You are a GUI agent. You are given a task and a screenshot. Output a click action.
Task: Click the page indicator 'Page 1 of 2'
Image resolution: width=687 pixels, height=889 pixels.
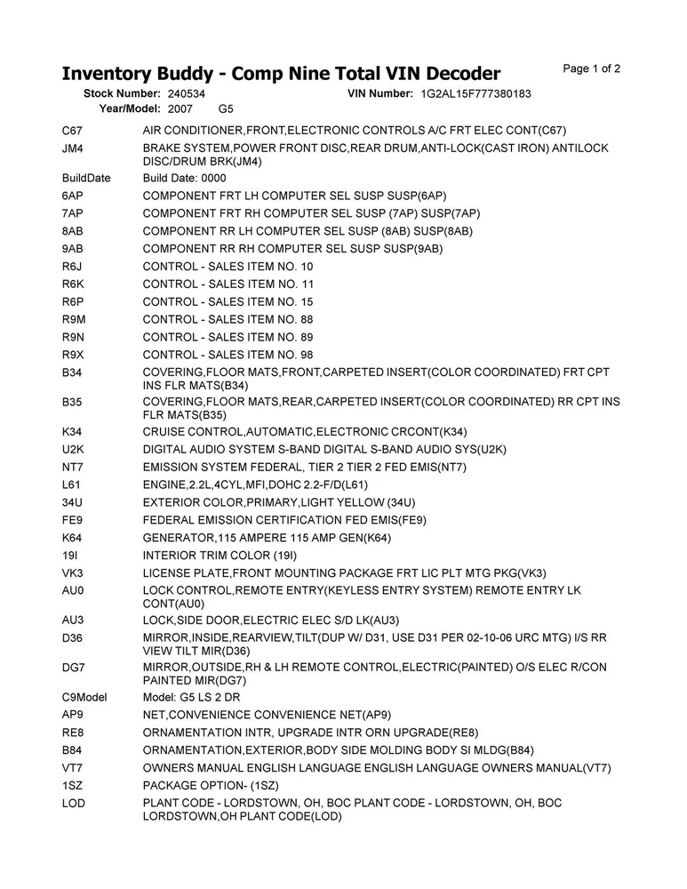point(592,68)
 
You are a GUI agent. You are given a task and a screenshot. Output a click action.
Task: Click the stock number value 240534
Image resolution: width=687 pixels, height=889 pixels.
point(186,93)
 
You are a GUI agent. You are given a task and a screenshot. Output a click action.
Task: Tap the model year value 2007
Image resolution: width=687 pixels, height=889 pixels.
point(180,108)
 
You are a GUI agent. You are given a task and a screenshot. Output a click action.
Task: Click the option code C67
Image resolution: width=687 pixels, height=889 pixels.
point(73,131)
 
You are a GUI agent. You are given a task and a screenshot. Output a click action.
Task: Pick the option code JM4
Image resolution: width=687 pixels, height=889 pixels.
point(73,148)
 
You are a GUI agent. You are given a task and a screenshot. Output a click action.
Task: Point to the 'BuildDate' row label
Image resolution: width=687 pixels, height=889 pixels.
point(87,178)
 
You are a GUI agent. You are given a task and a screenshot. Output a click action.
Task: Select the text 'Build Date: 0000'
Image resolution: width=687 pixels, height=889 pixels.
point(185,178)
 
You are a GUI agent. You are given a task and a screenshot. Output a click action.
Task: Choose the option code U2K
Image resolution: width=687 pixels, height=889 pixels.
point(73,449)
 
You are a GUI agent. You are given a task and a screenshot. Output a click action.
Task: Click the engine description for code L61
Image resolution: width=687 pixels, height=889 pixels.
point(255,485)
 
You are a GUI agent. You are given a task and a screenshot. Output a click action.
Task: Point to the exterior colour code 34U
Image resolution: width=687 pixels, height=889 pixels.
point(73,502)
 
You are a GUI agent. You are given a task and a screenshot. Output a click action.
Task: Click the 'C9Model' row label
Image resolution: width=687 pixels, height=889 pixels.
point(84,696)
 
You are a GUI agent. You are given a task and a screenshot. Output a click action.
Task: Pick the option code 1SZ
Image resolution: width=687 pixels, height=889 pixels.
point(73,785)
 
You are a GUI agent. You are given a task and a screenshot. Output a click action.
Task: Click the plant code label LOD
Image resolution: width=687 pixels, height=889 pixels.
point(73,803)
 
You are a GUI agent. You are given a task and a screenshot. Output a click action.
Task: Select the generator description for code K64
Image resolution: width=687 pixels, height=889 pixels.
point(267,538)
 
